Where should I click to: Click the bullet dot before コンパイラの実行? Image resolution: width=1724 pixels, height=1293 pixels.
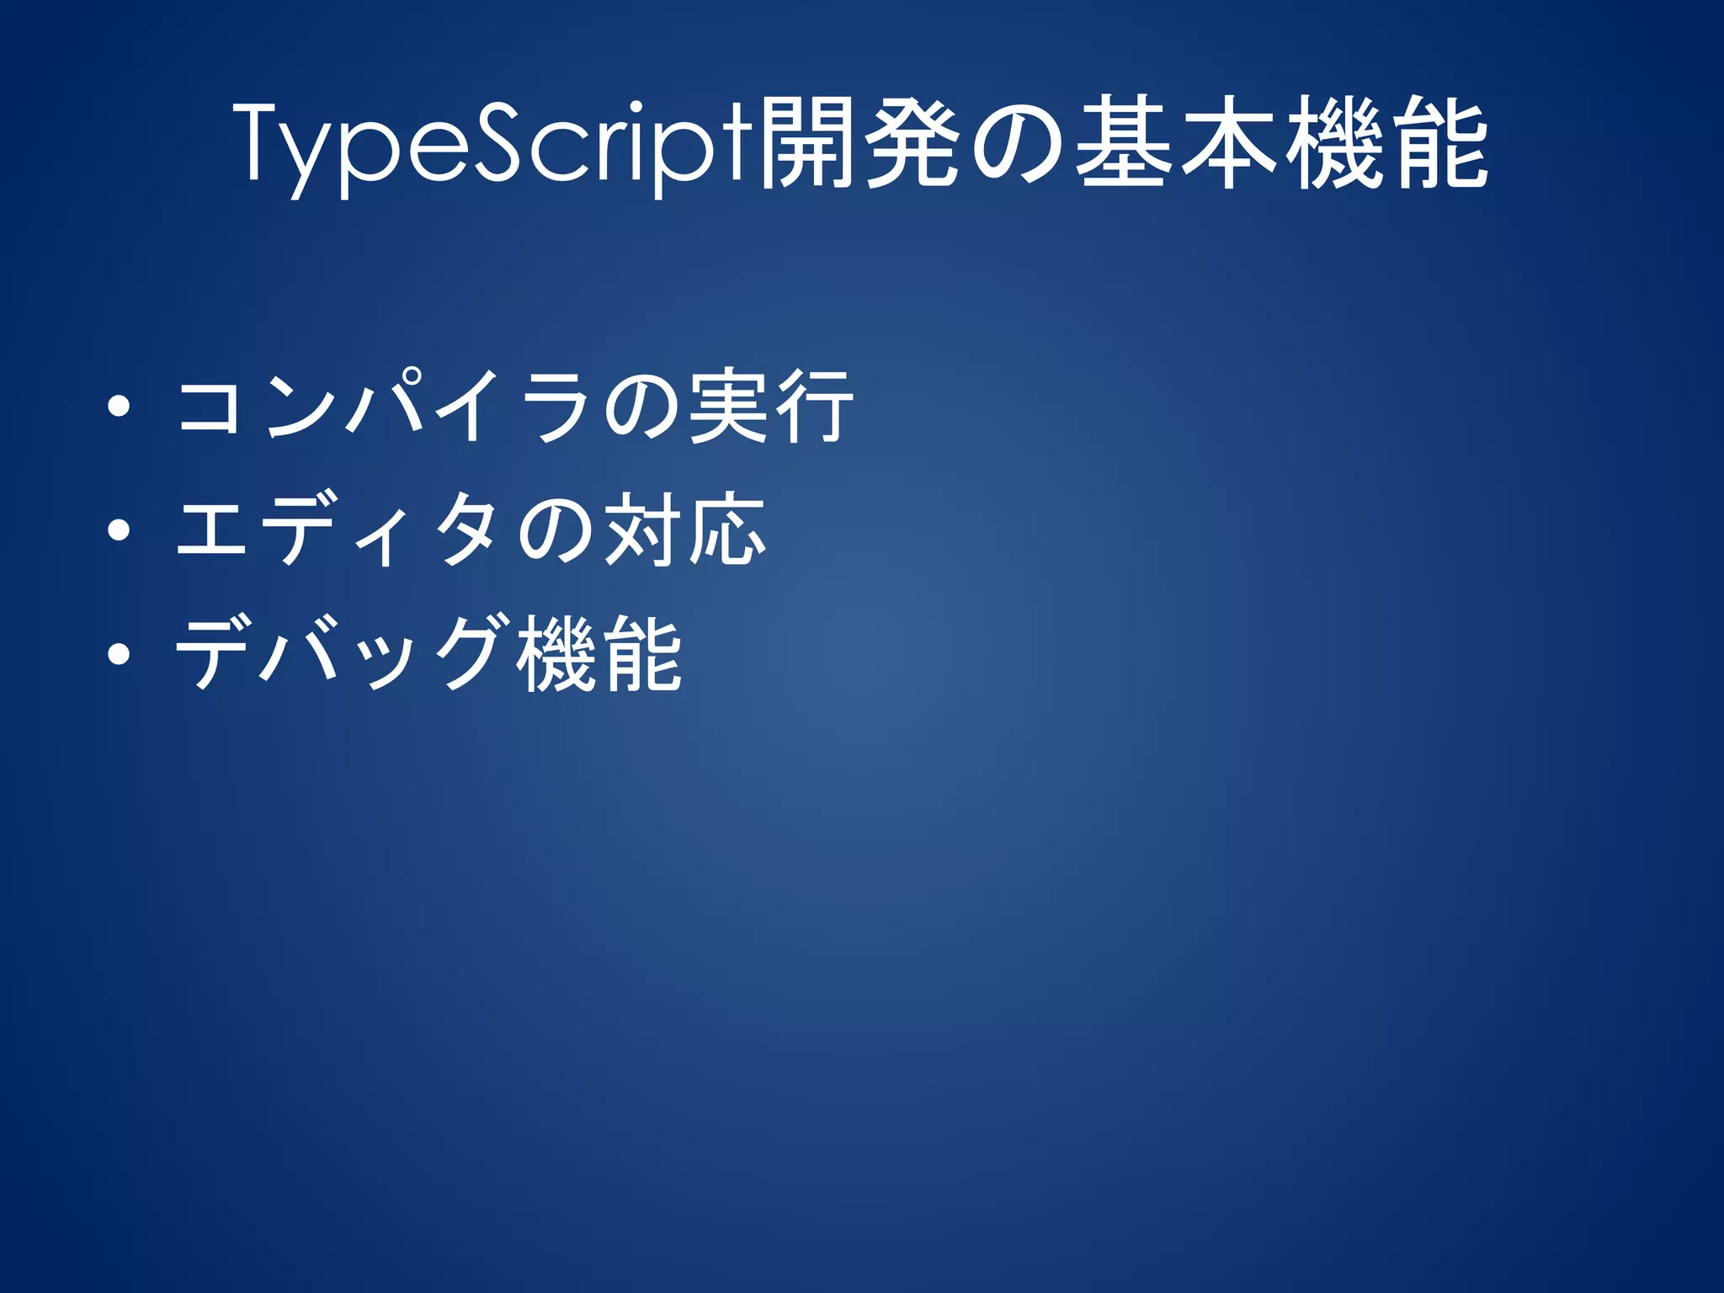119,408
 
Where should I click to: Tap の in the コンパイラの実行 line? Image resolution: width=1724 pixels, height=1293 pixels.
640,408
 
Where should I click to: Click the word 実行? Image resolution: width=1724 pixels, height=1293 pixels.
770,408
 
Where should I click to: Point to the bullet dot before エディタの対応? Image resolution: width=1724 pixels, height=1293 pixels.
119,530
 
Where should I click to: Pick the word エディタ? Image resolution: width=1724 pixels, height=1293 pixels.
337,530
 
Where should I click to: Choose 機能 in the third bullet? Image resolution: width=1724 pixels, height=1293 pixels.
598,654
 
